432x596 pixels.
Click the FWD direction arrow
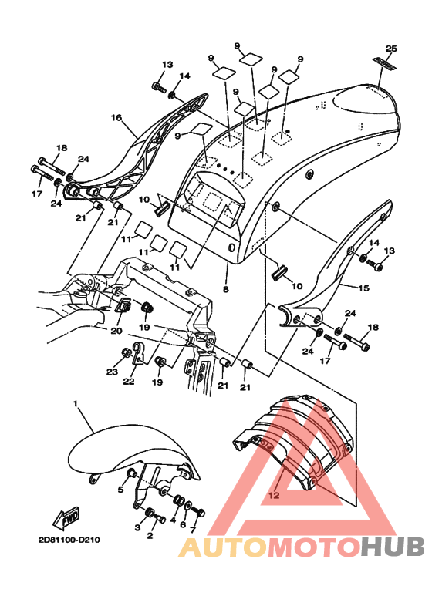[x=67, y=518]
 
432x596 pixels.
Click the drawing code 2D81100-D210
[x=69, y=540]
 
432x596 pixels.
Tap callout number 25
[x=391, y=49]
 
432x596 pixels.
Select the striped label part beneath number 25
[x=384, y=63]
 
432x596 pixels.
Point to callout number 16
[x=116, y=118]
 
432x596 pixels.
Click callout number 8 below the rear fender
[x=226, y=289]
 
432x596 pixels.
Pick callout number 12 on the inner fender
[x=274, y=495]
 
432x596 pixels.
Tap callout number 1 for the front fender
[x=76, y=403]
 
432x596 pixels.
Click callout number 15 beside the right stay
[x=363, y=288]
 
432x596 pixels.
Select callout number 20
[x=116, y=331]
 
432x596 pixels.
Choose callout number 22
[x=129, y=381]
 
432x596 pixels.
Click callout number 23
[x=112, y=372]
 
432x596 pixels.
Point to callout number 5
[x=120, y=490]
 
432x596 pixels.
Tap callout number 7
[x=193, y=530]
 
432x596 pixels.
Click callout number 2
[x=150, y=536]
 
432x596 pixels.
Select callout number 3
[x=137, y=527]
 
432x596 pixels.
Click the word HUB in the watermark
[x=393, y=547]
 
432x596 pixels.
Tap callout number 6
[x=183, y=524]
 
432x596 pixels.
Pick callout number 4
[x=173, y=520]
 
